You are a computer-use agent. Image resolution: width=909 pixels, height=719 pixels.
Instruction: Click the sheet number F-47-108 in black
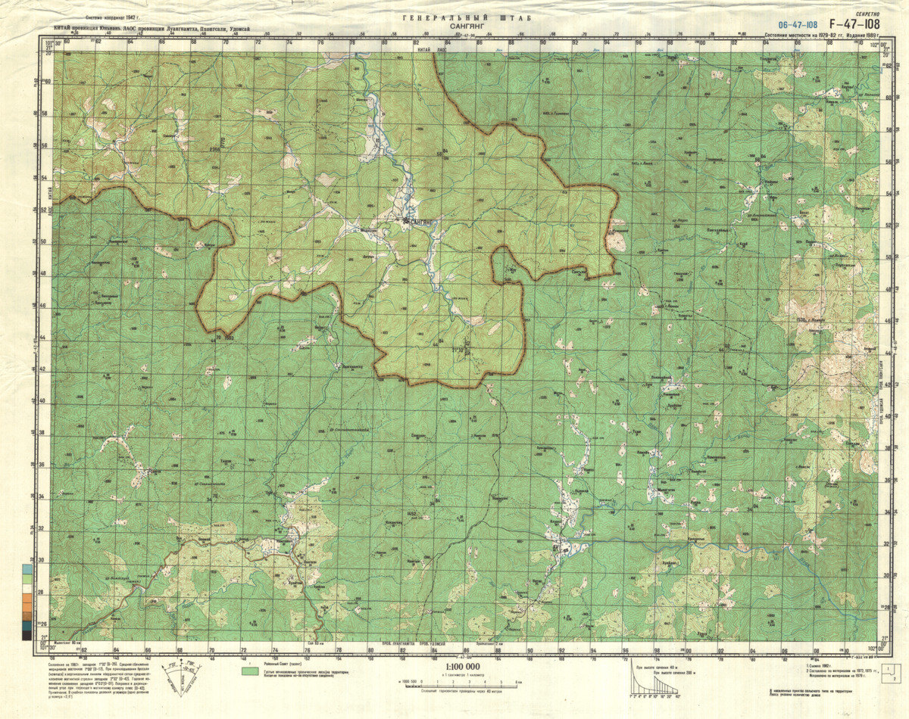click(854, 23)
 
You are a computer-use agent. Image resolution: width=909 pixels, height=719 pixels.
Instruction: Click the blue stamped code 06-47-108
click(797, 25)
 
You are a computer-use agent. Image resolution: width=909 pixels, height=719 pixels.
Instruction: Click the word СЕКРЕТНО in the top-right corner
click(867, 14)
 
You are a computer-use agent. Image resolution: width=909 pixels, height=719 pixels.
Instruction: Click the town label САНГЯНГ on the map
click(419, 222)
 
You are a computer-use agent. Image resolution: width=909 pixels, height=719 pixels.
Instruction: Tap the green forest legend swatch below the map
click(250, 671)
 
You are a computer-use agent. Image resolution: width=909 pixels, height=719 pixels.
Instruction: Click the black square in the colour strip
click(27, 635)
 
